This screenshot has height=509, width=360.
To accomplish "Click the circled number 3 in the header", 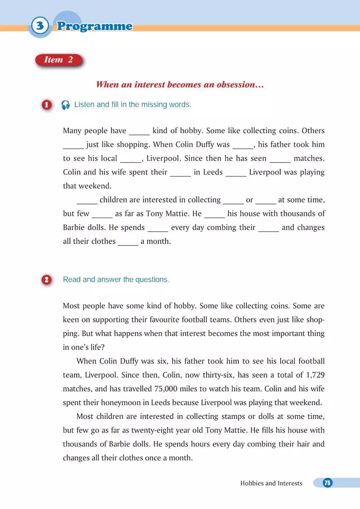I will tap(40, 26).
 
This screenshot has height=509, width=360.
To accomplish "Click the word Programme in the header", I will tap(95, 26).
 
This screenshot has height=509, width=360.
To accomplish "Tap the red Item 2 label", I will tap(59, 60).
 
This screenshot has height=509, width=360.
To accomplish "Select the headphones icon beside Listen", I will tap(66, 105).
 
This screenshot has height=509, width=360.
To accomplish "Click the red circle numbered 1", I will tap(47, 105).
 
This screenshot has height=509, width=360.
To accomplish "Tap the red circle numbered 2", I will tap(47, 280).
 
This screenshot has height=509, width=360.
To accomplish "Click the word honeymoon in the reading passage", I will tap(121, 403).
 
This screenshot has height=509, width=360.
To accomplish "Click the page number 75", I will tap(327, 483).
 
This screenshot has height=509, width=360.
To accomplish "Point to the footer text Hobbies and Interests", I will tap(271, 483).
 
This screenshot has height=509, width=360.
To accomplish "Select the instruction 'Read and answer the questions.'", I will tap(116, 280).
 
